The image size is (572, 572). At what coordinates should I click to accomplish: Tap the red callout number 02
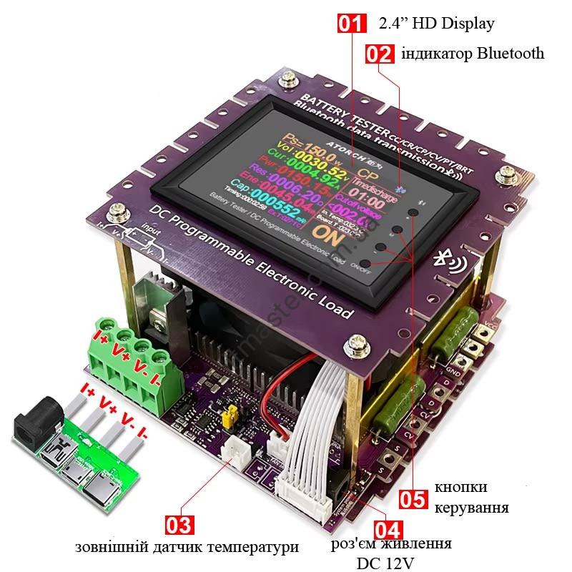tap(380, 54)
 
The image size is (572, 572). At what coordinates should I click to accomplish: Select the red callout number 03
tap(179, 525)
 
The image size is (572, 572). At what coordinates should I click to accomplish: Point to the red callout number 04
tap(387, 530)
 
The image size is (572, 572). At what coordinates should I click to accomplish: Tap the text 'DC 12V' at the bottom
tap(385, 563)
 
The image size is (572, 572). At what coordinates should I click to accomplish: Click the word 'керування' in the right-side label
tap(471, 508)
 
